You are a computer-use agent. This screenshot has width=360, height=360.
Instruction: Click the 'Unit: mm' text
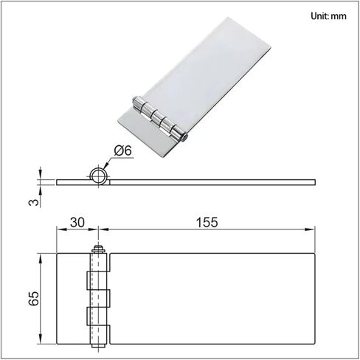pyautogui.click(x=328, y=15)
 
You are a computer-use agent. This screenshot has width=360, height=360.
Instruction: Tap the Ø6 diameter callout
pyautogui.click(x=122, y=151)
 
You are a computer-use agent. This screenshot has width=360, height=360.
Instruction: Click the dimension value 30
pyautogui.click(x=78, y=221)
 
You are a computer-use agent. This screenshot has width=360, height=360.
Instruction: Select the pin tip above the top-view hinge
pyautogui.click(x=95, y=249)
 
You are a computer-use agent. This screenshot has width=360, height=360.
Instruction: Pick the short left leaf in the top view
pyautogui.click(x=72, y=299)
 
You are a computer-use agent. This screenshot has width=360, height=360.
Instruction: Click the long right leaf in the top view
pyautogui.click(x=214, y=299)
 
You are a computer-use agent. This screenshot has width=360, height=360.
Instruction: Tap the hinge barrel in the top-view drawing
pyautogui.click(x=96, y=299)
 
